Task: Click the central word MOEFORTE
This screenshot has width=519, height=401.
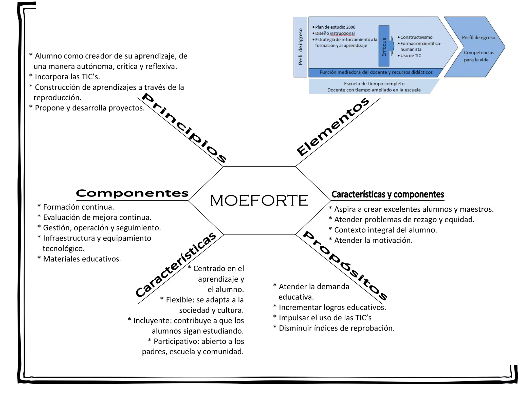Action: coord(259,200)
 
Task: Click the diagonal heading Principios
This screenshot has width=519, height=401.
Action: coord(183,128)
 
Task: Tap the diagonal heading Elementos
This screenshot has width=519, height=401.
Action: coord(333,127)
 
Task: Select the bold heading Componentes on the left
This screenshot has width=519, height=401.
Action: coord(132,193)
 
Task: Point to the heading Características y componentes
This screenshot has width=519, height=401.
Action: coord(387,194)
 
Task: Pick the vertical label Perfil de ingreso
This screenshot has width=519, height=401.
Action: coord(300,47)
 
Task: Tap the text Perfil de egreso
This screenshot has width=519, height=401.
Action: coord(478,38)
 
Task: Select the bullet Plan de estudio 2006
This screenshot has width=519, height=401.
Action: coord(335,27)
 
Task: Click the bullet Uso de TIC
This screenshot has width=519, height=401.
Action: coord(410,56)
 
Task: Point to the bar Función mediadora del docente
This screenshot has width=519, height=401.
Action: coord(376,72)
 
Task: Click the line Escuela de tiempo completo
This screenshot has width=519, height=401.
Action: coord(374,84)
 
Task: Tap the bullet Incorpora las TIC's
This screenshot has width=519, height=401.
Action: coord(67,77)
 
